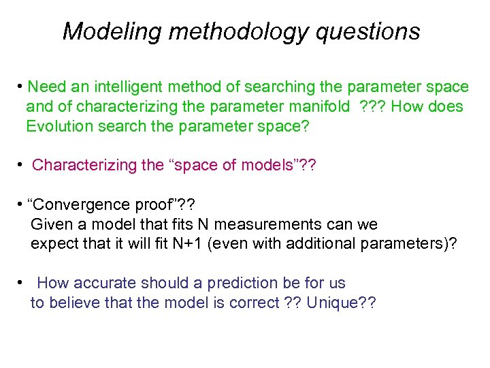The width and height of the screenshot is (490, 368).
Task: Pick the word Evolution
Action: [x=57, y=127]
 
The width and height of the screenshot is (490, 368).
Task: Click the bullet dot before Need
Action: [x=22, y=87]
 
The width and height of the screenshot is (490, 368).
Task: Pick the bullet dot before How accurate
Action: [x=22, y=282]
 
